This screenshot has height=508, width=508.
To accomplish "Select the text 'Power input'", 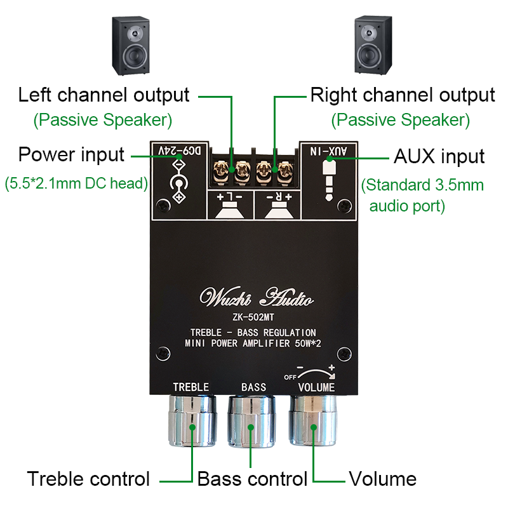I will [x=71, y=154].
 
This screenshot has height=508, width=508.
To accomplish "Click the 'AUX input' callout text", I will [x=439, y=156].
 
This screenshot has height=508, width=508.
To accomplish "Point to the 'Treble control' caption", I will [x=88, y=479].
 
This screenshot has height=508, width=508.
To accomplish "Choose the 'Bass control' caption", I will [x=252, y=479].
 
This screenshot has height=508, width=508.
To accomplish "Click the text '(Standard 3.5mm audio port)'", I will [x=422, y=196].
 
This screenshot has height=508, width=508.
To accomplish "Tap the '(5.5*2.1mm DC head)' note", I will [x=76, y=184].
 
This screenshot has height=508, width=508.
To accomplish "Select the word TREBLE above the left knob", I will [x=190, y=387].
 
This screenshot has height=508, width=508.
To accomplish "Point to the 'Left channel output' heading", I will [x=104, y=95].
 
